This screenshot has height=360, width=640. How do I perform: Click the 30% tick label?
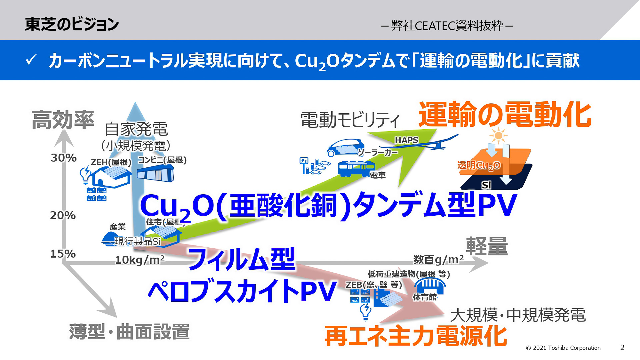pyautogui.click(x=64, y=158)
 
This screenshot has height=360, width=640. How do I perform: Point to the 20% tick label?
pyautogui.click(x=63, y=215)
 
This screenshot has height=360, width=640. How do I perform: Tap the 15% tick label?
pyautogui.click(x=63, y=254)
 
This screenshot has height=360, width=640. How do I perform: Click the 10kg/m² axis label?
pyautogui.click(x=140, y=260)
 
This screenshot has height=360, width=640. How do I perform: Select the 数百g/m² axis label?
pyautogui.click(x=438, y=259)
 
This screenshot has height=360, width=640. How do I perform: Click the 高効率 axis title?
pyautogui.click(x=63, y=120)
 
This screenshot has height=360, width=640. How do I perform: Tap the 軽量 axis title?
pyautogui.click(x=487, y=247)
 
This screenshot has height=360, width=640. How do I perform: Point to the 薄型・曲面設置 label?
pyautogui.click(x=129, y=332)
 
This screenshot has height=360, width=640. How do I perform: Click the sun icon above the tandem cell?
pyautogui.click(x=498, y=135)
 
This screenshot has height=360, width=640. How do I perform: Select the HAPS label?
pyautogui.click(x=406, y=140)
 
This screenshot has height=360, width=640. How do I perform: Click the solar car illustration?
pyautogui.click(x=345, y=147)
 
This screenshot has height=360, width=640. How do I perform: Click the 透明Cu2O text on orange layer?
pyautogui.click(x=479, y=165)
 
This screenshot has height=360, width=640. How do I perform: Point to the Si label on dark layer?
pyautogui.click(x=486, y=185)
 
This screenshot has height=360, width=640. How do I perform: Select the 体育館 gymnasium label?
pyautogui.click(x=425, y=297)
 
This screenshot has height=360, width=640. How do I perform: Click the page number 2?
pyautogui.click(x=622, y=347)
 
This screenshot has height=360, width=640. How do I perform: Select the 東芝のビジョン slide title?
pyautogui.click(x=72, y=24)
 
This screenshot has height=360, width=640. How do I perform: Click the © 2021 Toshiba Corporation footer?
pyautogui.click(x=563, y=348)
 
